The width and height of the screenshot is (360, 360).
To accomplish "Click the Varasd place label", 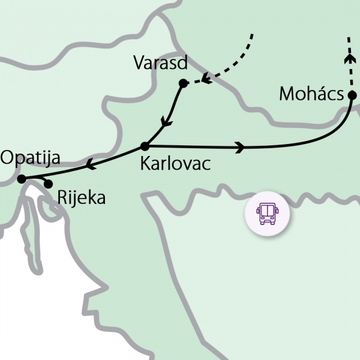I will (x=161, y=62).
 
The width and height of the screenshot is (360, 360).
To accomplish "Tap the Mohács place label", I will (x=311, y=94).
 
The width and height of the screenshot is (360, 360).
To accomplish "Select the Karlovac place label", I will (x=175, y=163).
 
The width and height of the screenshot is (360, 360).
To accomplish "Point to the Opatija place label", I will (x=31, y=158).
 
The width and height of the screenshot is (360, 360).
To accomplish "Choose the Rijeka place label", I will (x=82, y=197).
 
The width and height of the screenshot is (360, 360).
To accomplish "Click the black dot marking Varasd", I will (x=184, y=83).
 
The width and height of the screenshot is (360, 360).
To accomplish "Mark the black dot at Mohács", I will (x=352, y=94).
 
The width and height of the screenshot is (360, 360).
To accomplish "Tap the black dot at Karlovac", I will (x=144, y=146).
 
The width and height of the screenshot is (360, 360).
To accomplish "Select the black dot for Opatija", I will (x=21, y=179).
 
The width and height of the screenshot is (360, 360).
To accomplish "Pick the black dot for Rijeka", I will (x=49, y=184).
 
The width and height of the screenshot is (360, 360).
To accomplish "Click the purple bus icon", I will (x=266, y=214).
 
